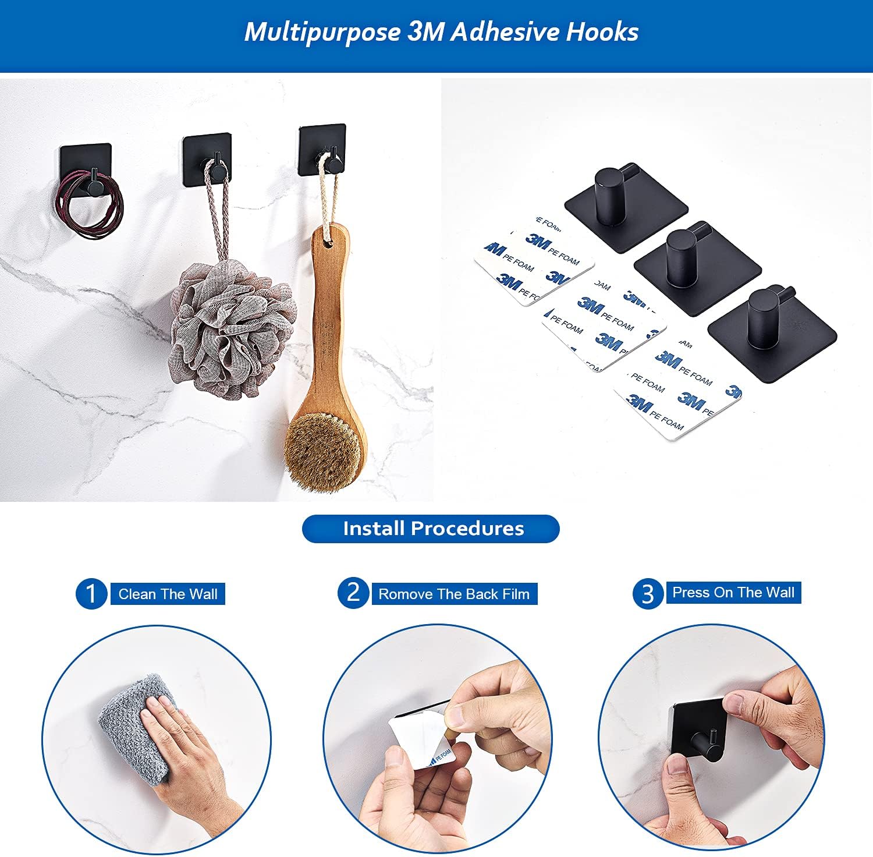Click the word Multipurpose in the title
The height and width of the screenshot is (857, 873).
click(321, 32)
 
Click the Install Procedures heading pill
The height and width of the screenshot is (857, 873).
click(431, 529)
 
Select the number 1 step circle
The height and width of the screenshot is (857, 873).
click(91, 594)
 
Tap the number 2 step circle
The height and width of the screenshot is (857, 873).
click(353, 593)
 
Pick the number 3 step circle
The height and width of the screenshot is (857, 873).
click(648, 594)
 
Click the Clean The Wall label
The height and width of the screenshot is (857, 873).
click(168, 594)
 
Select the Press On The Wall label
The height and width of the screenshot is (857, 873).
click(733, 593)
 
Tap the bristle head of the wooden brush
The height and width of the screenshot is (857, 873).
click(323, 448)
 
